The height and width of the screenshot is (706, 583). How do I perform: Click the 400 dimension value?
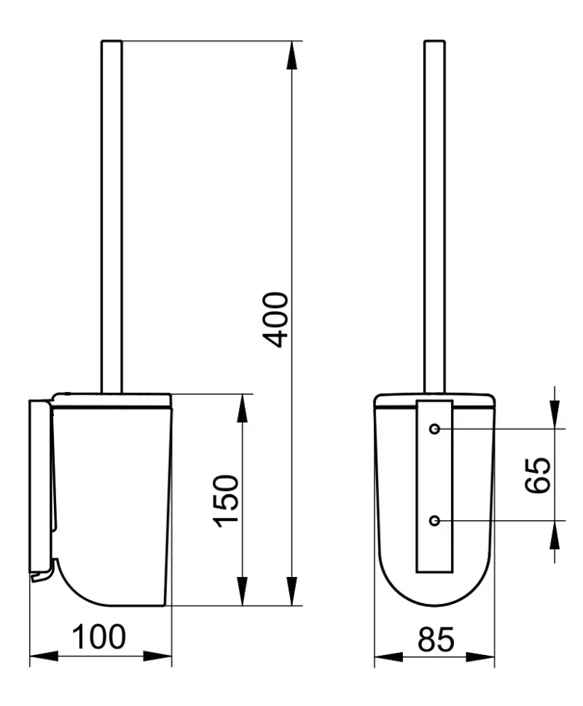[x=275, y=320]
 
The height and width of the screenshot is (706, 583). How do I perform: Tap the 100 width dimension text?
[x=99, y=637]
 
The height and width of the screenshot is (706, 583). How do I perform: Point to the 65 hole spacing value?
[x=538, y=476]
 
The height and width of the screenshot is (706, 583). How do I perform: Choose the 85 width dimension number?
[x=436, y=640]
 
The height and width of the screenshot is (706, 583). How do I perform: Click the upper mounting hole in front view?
[x=434, y=428]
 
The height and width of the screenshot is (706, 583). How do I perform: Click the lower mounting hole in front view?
[x=434, y=521]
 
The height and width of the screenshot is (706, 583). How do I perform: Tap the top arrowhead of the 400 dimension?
[x=291, y=55]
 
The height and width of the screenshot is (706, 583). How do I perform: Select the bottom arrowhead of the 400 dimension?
[x=291, y=591]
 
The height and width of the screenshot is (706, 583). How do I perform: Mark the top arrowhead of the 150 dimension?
[x=242, y=409]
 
